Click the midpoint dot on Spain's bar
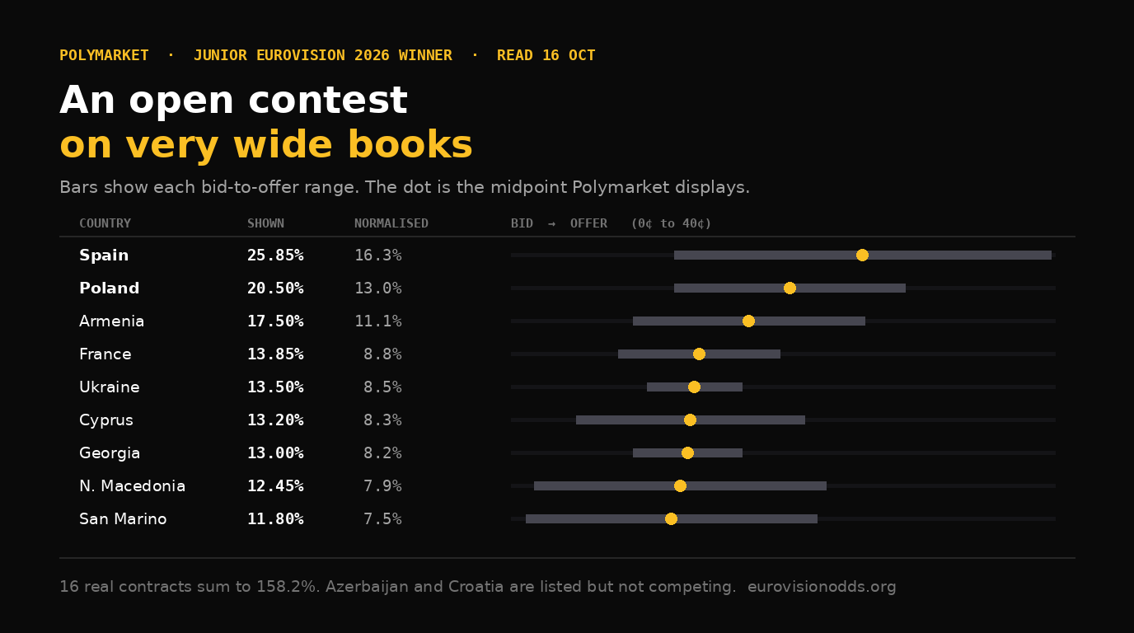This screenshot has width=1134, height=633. (862, 256)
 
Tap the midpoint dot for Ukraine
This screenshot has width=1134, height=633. (694, 387)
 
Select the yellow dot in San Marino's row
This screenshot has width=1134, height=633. (671, 518)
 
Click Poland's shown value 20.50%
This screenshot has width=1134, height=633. (275, 288)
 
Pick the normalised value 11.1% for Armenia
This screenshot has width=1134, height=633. (378, 321)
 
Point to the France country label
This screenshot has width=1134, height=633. (105, 354)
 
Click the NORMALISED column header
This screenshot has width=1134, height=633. (391, 223)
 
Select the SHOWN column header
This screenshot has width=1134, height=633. (265, 223)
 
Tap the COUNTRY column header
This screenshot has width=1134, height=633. (105, 223)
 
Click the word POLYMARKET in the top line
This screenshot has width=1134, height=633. (105, 55)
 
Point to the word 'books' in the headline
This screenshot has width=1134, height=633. (410, 144)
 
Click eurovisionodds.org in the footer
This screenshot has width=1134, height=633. (822, 586)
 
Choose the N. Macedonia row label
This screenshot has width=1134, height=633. (132, 485)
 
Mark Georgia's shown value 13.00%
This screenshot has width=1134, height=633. (275, 452)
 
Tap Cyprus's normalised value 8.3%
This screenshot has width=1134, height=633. (382, 420)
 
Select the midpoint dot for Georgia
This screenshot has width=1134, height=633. (687, 452)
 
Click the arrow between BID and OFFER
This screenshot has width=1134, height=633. (552, 223)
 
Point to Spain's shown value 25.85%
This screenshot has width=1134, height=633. (275, 256)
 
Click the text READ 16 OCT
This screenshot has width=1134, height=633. (546, 55)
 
